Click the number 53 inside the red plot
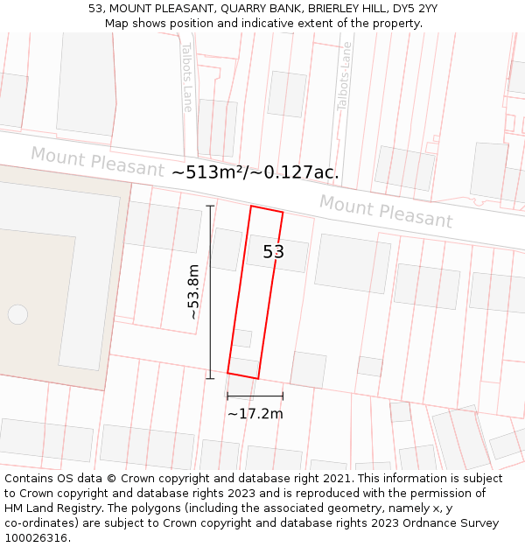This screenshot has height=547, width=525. pos(274,252)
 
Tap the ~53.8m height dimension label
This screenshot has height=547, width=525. pos(193,291)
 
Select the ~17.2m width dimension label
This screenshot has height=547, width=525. pos(255,414)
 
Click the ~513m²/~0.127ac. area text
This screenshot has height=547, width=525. pos(255,172)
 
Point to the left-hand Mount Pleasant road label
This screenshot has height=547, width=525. pos(97,161)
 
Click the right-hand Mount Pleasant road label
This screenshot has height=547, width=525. pos(385,211)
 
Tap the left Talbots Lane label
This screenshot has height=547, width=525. pos(187,77)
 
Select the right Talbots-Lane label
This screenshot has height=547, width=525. pos(344,76)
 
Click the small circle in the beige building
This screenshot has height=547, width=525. pos(17,314)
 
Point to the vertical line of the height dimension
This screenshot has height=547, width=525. pos(210,263)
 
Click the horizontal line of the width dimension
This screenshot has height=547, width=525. pos(255,396)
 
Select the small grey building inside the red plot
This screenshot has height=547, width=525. pos(242,338)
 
